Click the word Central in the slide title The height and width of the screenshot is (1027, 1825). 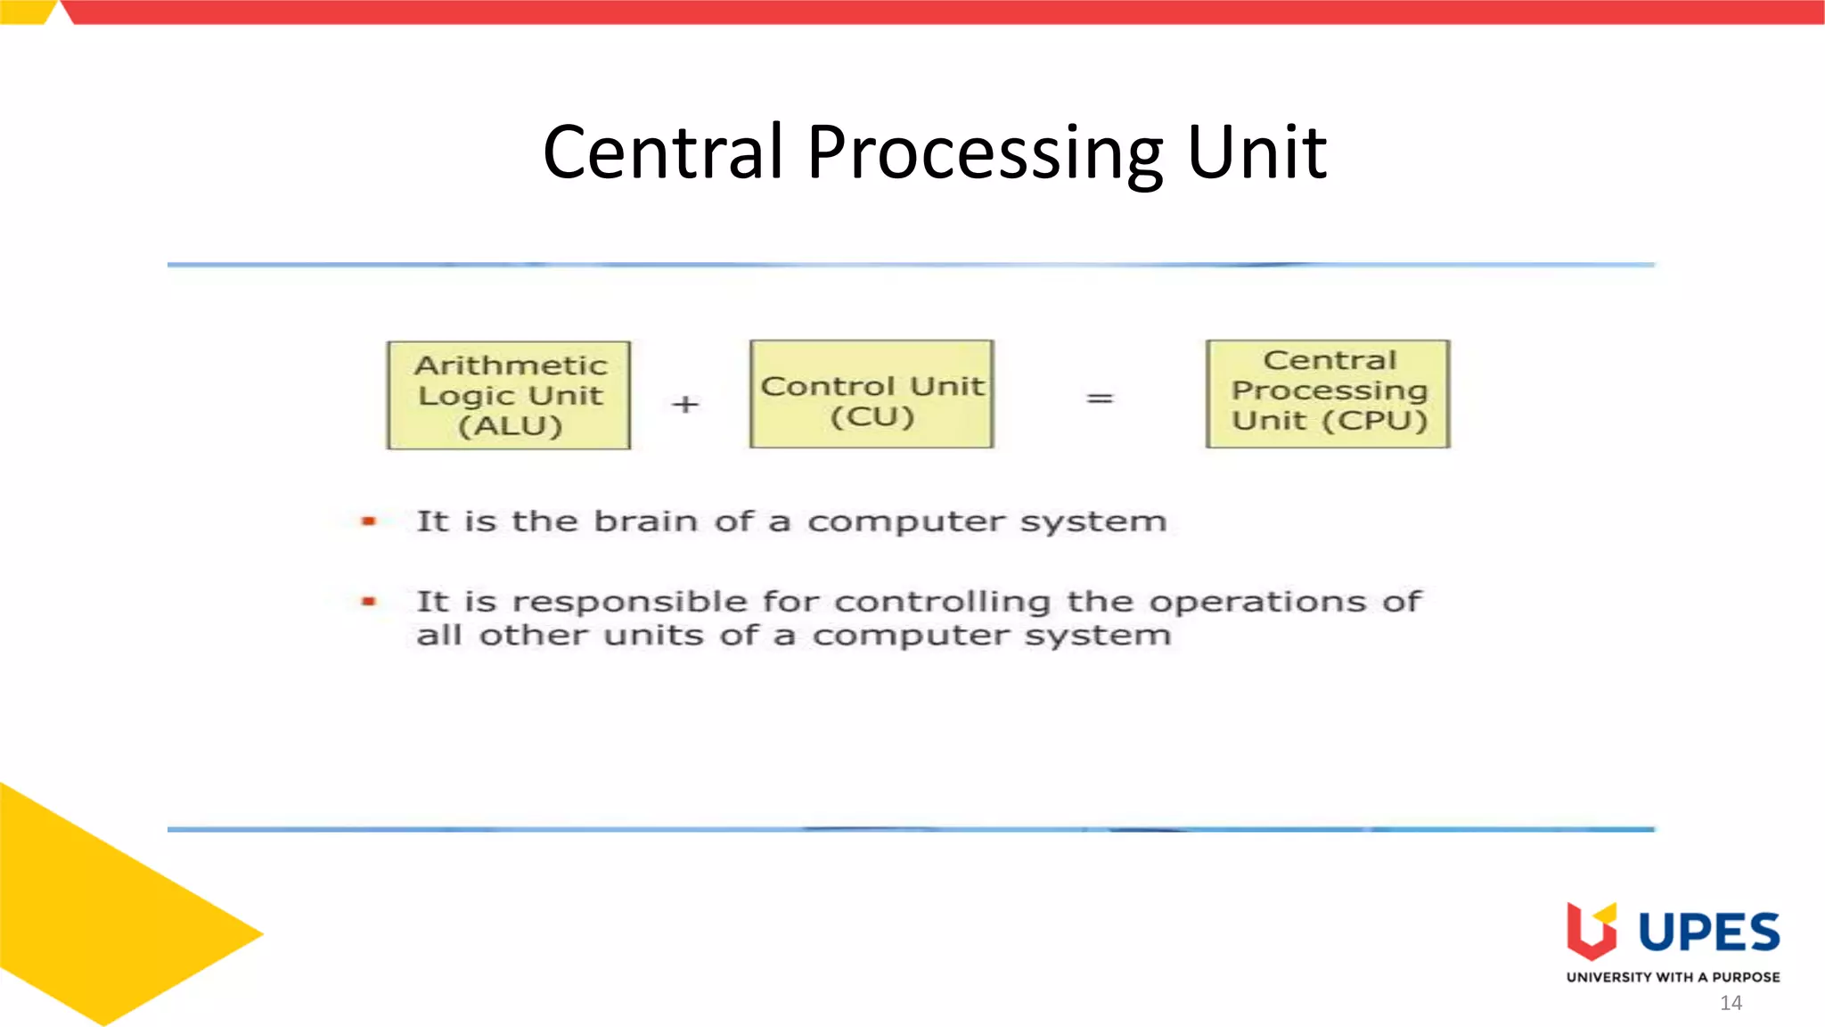point(663,152)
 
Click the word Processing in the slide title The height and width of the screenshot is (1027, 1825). point(985,152)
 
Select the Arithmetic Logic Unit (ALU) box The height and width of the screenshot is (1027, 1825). point(509,395)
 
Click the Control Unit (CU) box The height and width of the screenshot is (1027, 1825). point(872,393)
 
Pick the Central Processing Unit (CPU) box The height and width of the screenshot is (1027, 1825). point(1328,393)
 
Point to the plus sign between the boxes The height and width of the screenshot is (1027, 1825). point(685,405)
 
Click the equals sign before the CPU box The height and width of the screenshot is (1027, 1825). point(1100,398)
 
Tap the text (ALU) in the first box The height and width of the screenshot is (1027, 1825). point(511,426)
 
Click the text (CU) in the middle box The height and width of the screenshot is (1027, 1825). point(872,417)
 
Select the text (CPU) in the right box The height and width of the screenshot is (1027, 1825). point(1375,420)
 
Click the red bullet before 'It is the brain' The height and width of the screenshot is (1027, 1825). point(369,522)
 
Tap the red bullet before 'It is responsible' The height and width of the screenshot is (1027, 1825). point(369,602)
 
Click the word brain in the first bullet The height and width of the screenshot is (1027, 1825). point(645,521)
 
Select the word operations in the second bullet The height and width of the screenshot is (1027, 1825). point(1257,602)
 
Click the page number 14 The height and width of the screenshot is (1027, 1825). point(1731,1003)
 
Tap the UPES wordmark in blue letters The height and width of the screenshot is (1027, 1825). point(1709,933)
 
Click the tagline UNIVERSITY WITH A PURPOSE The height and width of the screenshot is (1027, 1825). point(1673,977)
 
